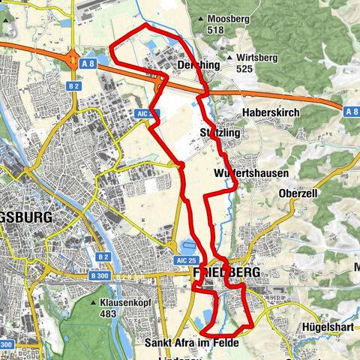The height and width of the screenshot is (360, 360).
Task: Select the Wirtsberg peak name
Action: pyautogui.click(x=253, y=57)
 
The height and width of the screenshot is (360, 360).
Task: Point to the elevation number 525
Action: pyautogui.click(x=244, y=68)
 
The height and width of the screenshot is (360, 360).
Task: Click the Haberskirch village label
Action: pyautogui.click(x=270, y=112)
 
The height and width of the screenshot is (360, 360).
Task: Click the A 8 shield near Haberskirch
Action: pyautogui.click(x=352, y=111)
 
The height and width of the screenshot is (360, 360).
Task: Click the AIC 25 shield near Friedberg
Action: pyautogui.click(x=187, y=259)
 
